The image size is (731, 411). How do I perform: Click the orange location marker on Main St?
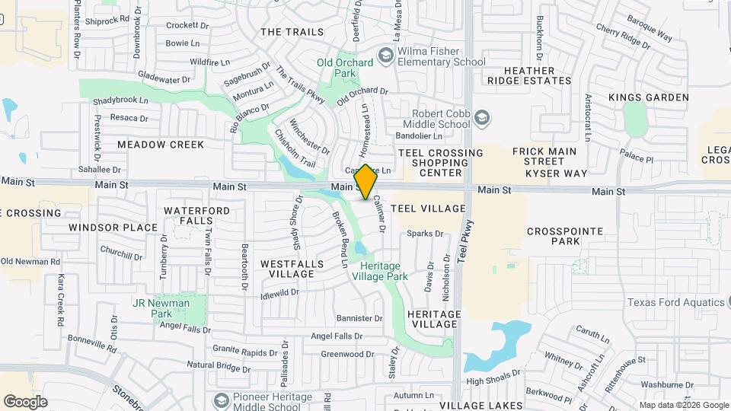click(x=366, y=182)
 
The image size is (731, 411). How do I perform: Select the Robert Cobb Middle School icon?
click(x=481, y=118)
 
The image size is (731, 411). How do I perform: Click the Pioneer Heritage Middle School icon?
click(x=221, y=401)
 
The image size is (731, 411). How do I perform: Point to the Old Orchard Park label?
click(x=345, y=68)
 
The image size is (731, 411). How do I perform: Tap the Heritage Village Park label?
click(x=380, y=271)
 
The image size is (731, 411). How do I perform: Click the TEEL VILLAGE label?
click(x=428, y=208)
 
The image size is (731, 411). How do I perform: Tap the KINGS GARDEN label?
click(x=649, y=97)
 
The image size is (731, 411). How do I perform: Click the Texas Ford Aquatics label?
click(x=675, y=302)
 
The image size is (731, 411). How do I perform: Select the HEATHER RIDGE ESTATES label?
click(x=539, y=75)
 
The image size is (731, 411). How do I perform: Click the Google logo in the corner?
click(x=25, y=401)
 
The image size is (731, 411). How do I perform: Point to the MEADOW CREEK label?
click(x=161, y=145)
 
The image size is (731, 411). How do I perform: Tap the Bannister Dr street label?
click(x=359, y=318)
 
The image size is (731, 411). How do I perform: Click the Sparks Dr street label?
click(x=425, y=234)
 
